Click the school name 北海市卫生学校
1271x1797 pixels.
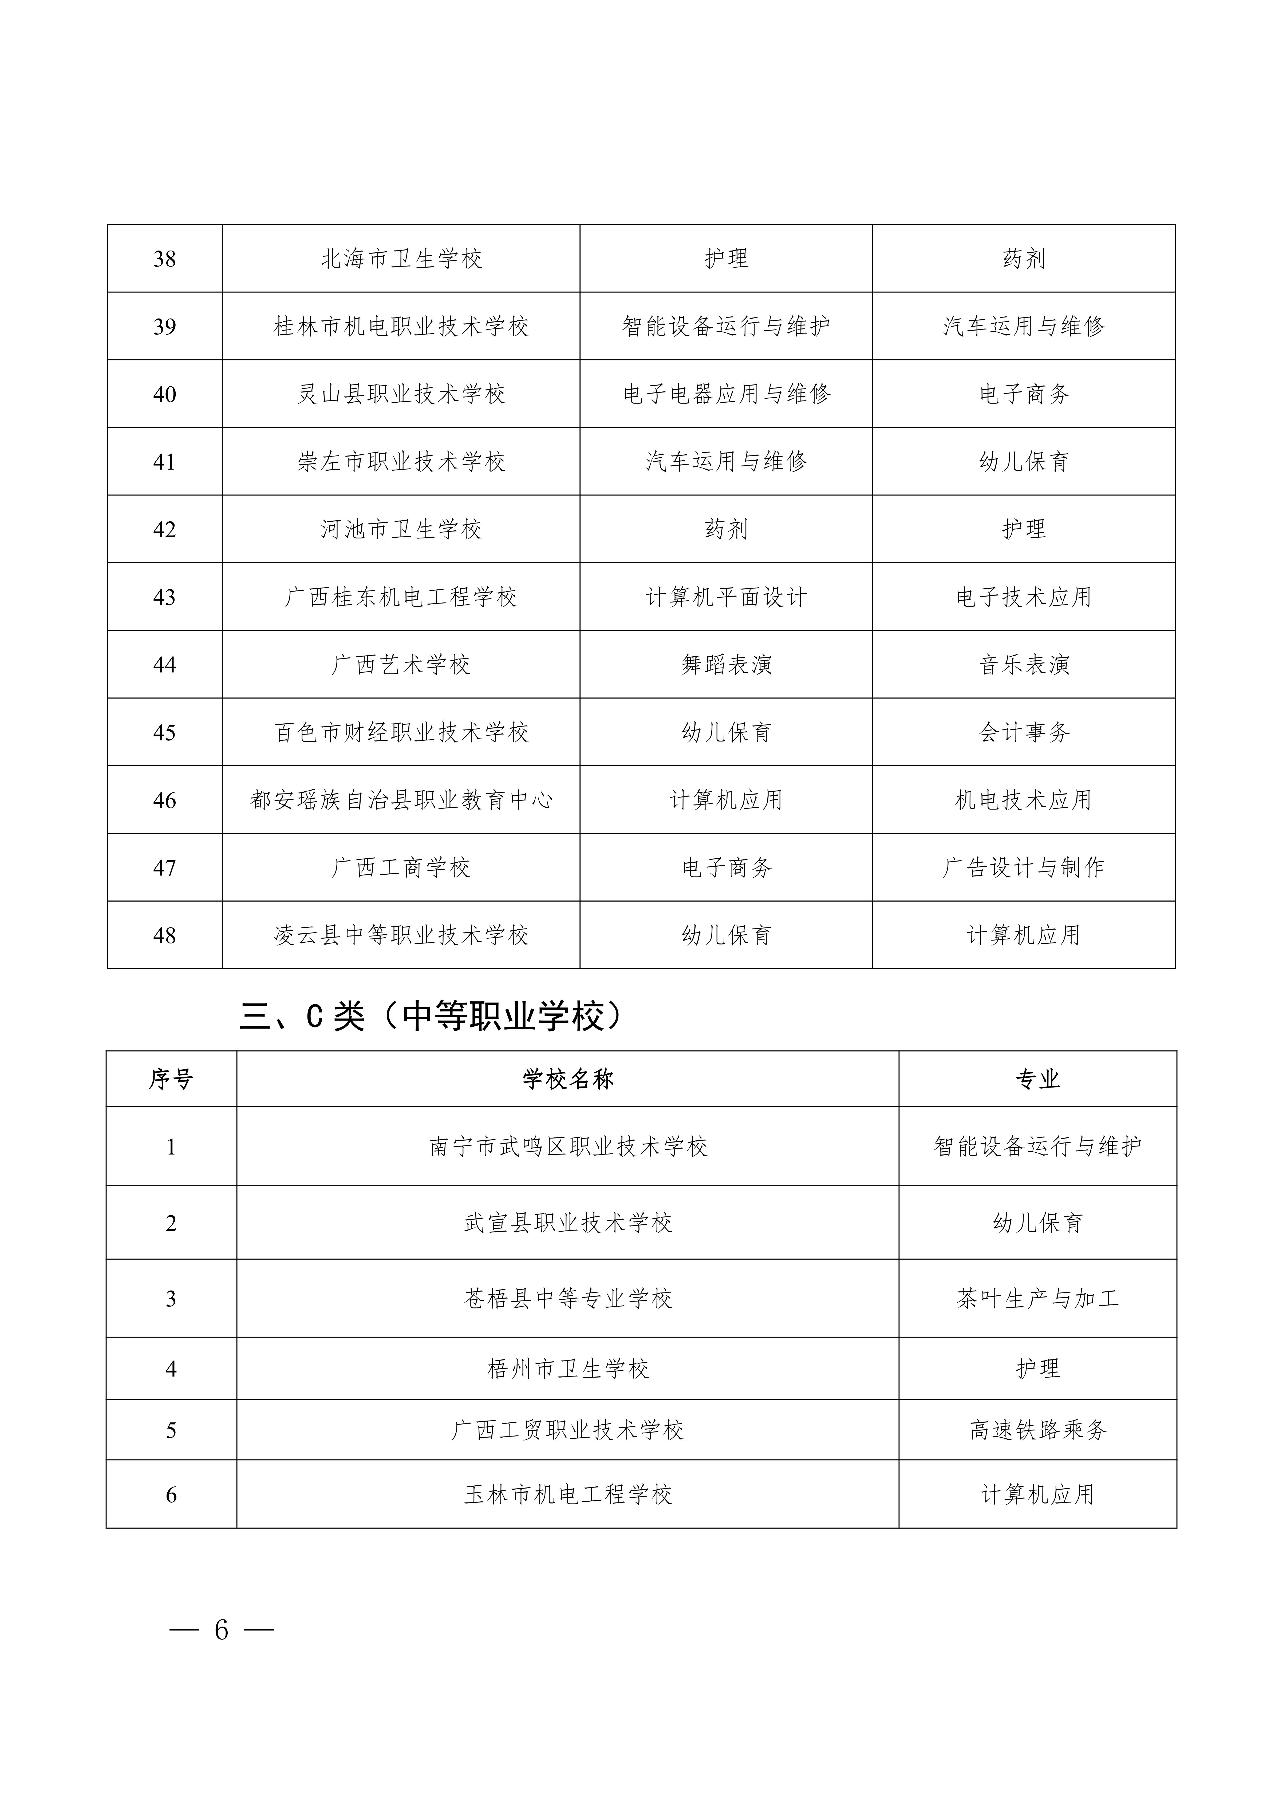401,259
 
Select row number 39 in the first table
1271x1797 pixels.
164,326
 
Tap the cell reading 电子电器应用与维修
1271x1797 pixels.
726,394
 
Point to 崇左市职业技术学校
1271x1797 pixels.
401,462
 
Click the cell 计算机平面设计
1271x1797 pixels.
726,597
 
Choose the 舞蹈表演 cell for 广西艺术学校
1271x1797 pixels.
726,664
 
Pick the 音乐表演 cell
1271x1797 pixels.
1024,664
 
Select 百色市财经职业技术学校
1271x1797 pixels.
401,733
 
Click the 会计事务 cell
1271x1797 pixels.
1024,733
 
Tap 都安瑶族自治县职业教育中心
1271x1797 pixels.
401,800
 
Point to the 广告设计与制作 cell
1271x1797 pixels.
1024,867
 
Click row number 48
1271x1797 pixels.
164,935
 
